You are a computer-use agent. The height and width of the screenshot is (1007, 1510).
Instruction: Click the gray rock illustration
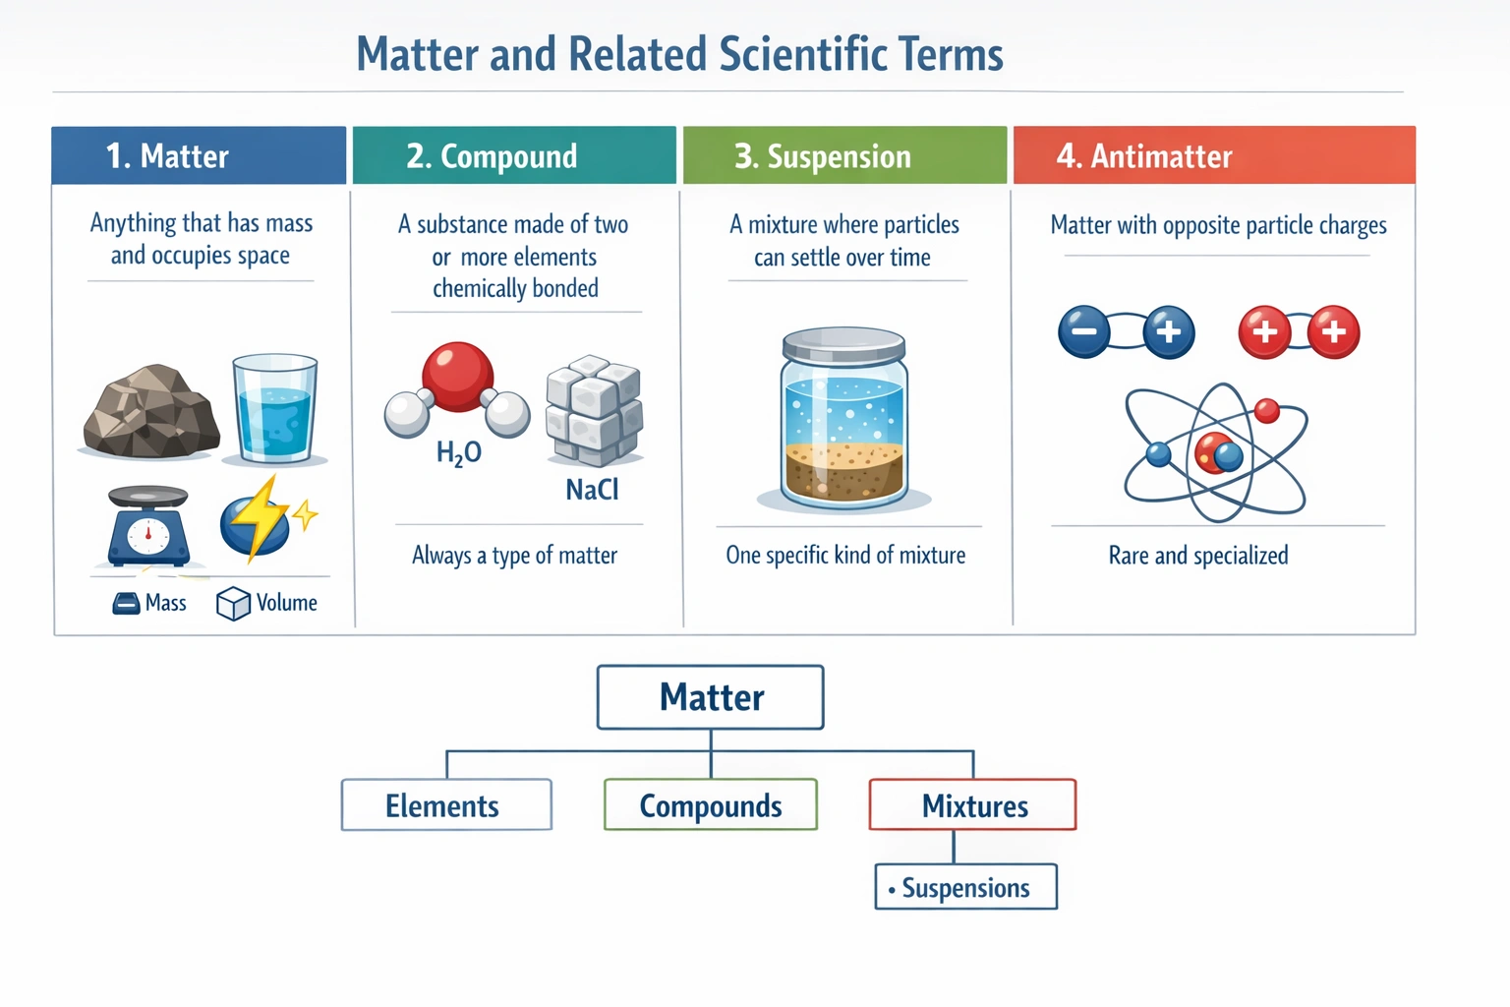(150, 413)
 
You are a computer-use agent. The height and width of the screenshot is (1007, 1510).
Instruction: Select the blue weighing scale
(147, 528)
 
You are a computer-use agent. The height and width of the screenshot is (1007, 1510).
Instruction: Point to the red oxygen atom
(457, 377)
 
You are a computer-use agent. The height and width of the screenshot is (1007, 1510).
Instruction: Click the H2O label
(459, 452)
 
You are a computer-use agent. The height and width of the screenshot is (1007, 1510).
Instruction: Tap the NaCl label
(592, 490)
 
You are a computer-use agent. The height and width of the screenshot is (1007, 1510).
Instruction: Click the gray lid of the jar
(843, 345)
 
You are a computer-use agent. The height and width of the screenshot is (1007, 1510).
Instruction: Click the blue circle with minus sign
(1084, 331)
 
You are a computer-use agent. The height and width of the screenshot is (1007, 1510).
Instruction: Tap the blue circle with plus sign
(1169, 331)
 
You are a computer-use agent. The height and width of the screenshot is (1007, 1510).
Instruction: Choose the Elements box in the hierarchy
(446, 805)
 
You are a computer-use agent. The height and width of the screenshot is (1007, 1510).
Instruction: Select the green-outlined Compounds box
(711, 805)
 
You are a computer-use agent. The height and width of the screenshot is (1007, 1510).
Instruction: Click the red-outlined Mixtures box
(973, 805)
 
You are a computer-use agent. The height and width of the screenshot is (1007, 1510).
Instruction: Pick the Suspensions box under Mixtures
(965, 887)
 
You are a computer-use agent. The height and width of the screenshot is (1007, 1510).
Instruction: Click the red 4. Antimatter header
(1214, 155)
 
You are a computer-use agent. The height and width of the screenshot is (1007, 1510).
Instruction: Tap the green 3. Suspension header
(844, 155)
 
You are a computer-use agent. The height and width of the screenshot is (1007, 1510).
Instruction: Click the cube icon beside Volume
(233, 604)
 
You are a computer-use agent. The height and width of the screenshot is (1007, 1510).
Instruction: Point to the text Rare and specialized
(1198, 556)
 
